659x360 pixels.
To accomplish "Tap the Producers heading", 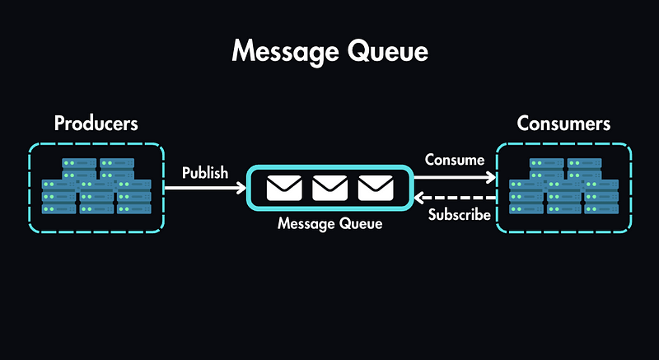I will pyautogui.click(x=96, y=124).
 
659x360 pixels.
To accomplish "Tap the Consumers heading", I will pyautogui.click(x=563, y=124).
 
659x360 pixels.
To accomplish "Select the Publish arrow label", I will pyautogui.click(x=205, y=173).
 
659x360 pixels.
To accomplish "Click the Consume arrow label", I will pyautogui.click(x=454, y=159).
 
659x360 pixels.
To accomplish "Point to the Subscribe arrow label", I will pyautogui.click(x=460, y=216).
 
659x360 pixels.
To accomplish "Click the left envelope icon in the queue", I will pyautogui.click(x=284, y=189).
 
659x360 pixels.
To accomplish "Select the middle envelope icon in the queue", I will pyautogui.click(x=329, y=189).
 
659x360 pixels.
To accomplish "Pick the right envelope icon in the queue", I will pyautogui.click(x=376, y=189).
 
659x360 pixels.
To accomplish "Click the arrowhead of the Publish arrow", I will pyautogui.click(x=242, y=189).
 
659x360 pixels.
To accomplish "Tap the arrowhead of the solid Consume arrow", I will pyautogui.click(x=492, y=176).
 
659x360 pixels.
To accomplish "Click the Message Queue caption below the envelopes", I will pyautogui.click(x=329, y=223).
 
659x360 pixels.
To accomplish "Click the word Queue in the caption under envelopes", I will pyautogui.click(x=360, y=223).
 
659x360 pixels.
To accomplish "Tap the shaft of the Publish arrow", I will pyautogui.click(x=202, y=189).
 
